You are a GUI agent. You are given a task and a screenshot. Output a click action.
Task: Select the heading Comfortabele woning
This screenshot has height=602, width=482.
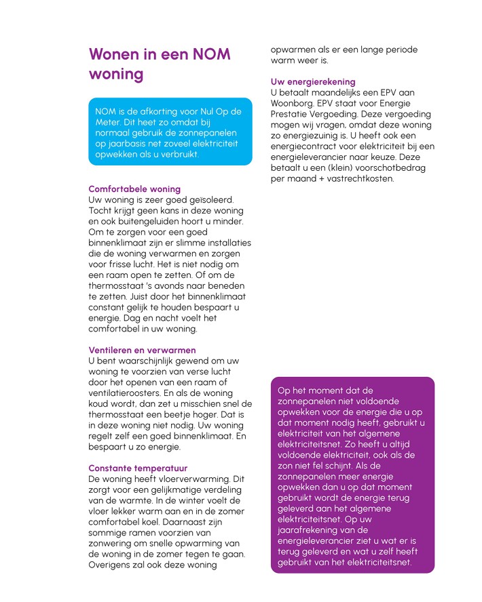click(x=134, y=189)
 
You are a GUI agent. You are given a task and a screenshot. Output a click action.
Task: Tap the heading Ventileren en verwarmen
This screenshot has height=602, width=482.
click(x=142, y=350)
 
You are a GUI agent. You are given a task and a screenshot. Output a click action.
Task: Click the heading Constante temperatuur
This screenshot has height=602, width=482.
click(x=138, y=468)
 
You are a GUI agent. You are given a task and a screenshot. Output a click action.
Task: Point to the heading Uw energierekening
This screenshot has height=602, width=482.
click(x=312, y=82)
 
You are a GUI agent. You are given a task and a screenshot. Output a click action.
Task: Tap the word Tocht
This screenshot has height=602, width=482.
click(x=102, y=211)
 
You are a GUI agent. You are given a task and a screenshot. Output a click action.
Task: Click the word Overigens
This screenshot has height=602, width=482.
click(x=112, y=565)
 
